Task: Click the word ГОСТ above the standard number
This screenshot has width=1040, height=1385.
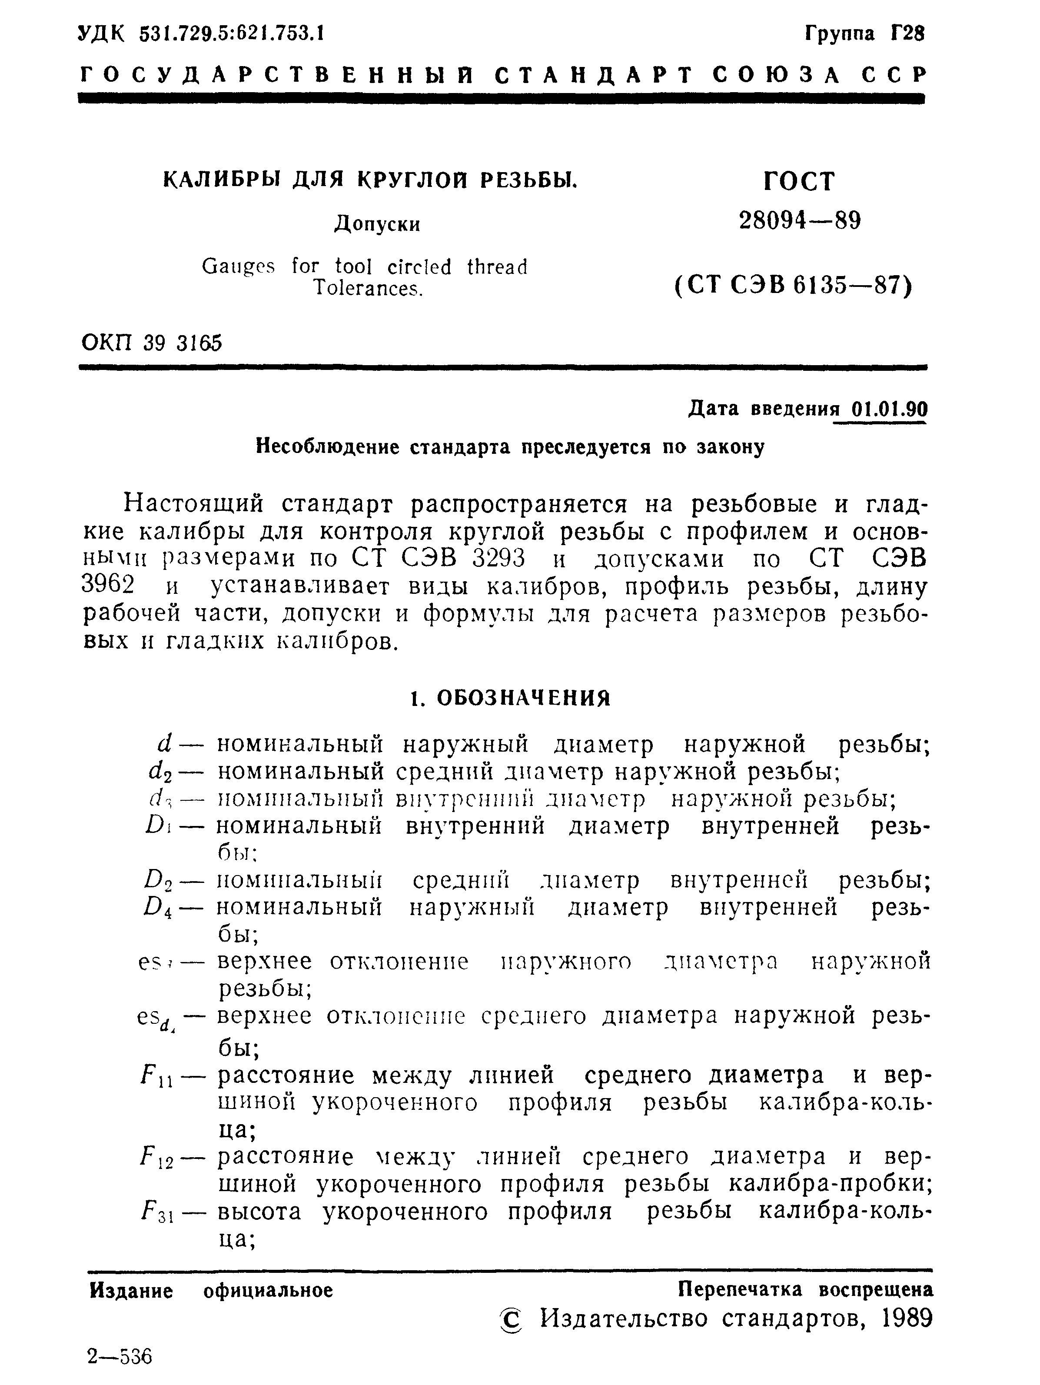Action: [800, 182]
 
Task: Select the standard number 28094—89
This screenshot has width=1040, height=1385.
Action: [800, 220]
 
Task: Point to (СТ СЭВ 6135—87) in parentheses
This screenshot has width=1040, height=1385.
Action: [794, 286]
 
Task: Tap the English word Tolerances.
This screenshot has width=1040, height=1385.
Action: [368, 289]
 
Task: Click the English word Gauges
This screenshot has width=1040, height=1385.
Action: [238, 267]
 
